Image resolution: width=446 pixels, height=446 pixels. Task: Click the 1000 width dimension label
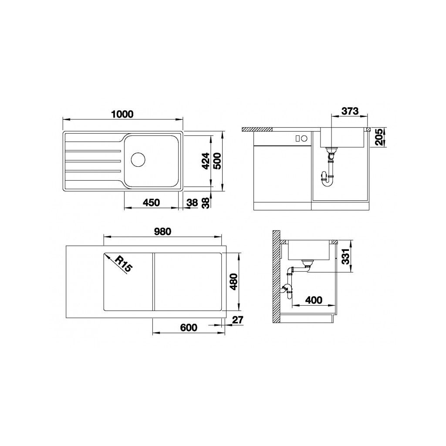(x=122, y=114)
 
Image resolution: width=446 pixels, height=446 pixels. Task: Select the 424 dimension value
(x=206, y=161)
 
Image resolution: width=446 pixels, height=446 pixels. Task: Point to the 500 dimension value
(x=217, y=161)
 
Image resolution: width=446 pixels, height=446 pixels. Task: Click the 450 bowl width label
(x=151, y=203)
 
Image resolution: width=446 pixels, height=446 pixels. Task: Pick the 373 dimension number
(x=350, y=111)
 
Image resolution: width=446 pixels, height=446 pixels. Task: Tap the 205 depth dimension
(x=379, y=137)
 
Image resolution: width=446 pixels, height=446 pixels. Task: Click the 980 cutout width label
(x=163, y=232)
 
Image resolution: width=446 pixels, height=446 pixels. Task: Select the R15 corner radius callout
(x=123, y=264)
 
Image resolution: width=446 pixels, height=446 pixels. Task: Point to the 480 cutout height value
(x=234, y=282)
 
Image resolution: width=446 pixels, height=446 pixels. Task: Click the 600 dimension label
(x=189, y=328)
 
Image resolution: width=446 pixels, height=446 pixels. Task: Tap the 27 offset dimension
(x=238, y=320)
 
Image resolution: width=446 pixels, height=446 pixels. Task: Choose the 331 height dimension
(x=345, y=257)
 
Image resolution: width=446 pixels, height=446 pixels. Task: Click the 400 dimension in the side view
(x=314, y=300)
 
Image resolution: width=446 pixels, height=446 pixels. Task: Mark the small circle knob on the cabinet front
(x=304, y=139)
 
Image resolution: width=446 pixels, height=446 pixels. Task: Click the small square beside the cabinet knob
(x=298, y=139)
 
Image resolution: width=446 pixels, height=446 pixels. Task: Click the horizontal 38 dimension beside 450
(x=192, y=203)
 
